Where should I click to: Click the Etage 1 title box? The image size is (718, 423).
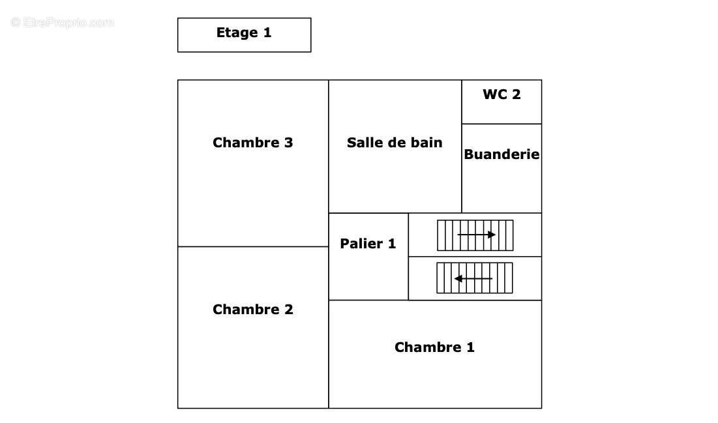[x=244, y=35]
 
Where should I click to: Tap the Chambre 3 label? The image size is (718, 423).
[x=252, y=143]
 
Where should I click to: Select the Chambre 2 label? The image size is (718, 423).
[x=252, y=310]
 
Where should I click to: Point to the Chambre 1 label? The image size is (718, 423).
[x=434, y=347]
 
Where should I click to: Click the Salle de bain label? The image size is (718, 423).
[x=395, y=143]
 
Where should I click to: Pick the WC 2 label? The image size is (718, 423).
[x=501, y=95]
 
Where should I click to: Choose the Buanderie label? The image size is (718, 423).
[x=501, y=154]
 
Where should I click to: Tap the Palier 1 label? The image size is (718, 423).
[x=368, y=244]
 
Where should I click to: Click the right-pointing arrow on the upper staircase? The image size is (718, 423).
[x=476, y=235]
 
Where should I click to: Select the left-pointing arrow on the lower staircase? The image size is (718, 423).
[x=473, y=278]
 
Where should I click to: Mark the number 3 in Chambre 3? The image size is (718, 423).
[x=288, y=143]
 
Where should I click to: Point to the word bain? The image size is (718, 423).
[x=426, y=143]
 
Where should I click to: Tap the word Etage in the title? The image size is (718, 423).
[x=236, y=33]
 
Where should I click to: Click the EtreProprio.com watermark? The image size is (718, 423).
[x=63, y=23]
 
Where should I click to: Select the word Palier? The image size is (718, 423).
[x=361, y=244]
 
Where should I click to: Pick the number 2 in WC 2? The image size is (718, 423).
[x=516, y=95]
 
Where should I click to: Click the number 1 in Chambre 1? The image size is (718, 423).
[x=470, y=347]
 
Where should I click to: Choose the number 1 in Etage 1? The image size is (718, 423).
[x=267, y=33]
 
